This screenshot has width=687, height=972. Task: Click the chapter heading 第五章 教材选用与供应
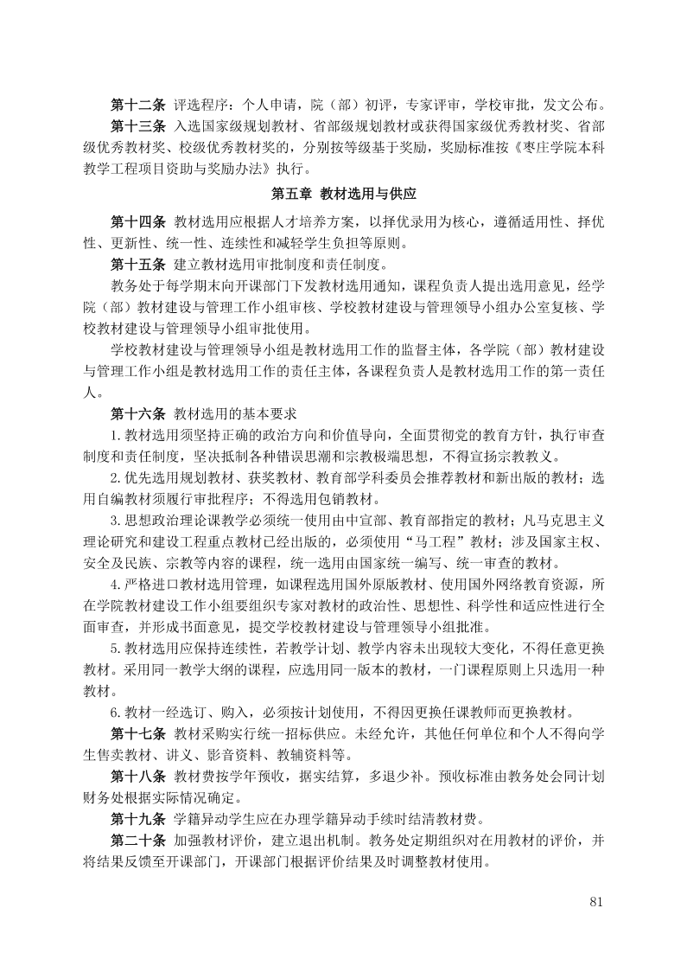tap(343, 193)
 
